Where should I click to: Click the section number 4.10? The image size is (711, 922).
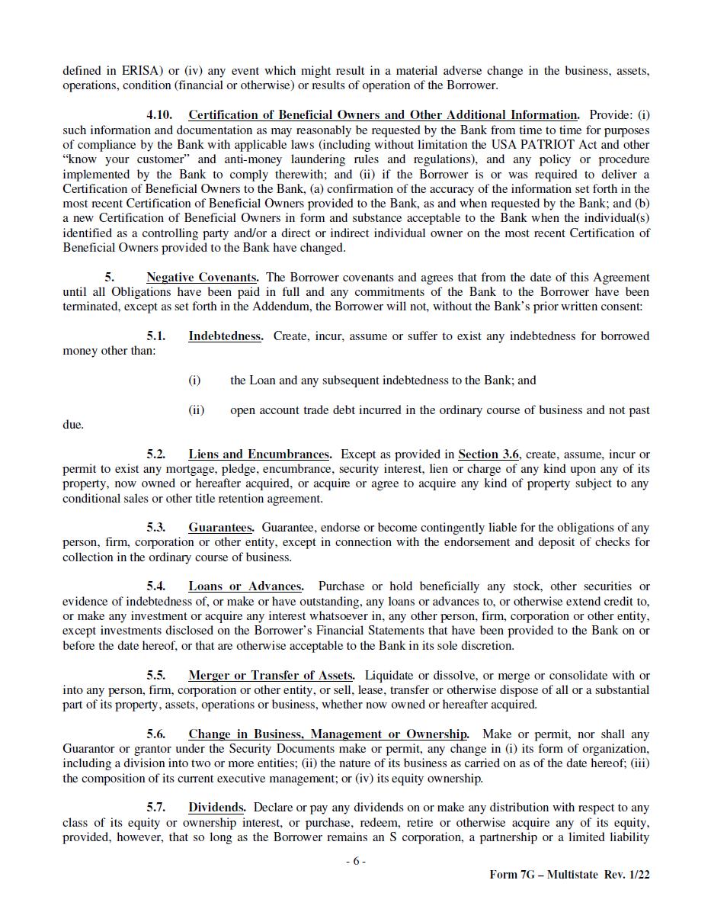tap(159, 115)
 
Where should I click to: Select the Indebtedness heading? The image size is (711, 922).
tap(225, 336)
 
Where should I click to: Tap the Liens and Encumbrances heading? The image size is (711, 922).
tap(259, 455)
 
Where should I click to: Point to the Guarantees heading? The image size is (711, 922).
tap(220, 528)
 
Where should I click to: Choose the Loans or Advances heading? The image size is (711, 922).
tap(245, 586)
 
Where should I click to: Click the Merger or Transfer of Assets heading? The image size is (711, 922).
tap(271, 676)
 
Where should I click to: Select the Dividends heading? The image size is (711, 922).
tap(216, 808)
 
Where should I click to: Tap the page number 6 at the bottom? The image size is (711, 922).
tap(355, 861)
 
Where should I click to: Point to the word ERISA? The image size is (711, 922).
tap(141, 71)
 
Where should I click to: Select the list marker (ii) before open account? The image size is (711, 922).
tap(196, 410)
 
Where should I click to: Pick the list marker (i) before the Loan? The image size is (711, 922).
tap(194, 381)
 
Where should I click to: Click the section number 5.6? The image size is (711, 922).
tap(155, 734)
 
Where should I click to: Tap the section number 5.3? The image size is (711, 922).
tap(155, 528)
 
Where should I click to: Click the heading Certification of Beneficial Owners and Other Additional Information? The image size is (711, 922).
tap(383, 115)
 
